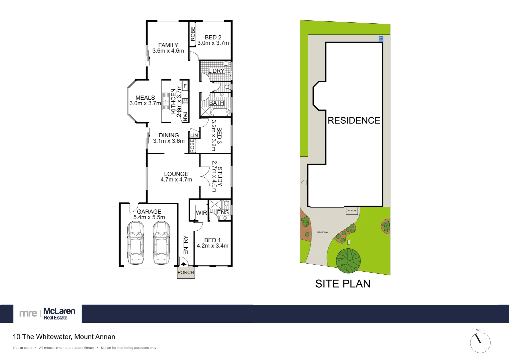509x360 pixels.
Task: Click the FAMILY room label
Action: pyautogui.click(x=168, y=45)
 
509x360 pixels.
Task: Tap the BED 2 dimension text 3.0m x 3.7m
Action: pyautogui.click(x=213, y=43)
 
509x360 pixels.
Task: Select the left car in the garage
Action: pyautogui.click(x=136, y=243)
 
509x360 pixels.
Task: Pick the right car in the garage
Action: pyautogui.click(x=161, y=243)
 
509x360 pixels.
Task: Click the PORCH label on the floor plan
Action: pyautogui.click(x=186, y=272)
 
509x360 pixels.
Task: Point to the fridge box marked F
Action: pyautogui.click(x=185, y=86)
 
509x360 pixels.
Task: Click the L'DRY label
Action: pyautogui.click(x=216, y=71)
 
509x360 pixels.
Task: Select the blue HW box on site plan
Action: pyautogui.click(x=381, y=39)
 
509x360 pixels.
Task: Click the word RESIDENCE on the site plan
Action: pyautogui.click(x=354, y=120)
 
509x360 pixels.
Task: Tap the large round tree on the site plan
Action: pyautogui.click(x=348, y=261)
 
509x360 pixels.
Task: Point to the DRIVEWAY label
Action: pyautogui.click(x=322, y=232)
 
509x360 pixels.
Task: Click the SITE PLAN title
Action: pyautogui.click(x=343, y=284)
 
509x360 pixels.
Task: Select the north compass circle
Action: pyautogui.click(x=480, y=343)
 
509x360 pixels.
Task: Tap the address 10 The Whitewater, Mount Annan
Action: pyautogui.click(x=64, y=337)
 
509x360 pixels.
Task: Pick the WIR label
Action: pyautogui.click(x=201, y=213)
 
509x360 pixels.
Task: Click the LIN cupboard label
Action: pyautogui.click(x=194, y=135)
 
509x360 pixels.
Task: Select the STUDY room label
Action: pyautogui.click(x=220, y=177)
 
